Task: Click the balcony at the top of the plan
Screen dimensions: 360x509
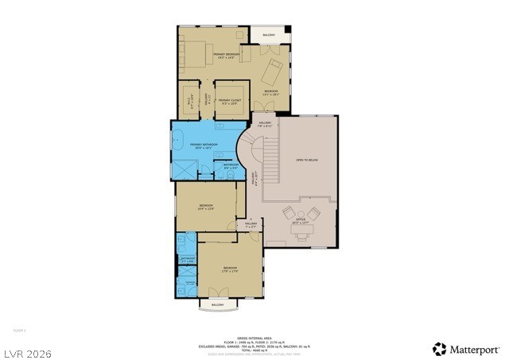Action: click(269, 35)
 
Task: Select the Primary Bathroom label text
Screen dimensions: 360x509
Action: click(204, 145)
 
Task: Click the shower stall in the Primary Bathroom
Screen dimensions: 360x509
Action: click(185, 168)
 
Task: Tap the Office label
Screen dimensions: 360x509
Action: click(301, 223)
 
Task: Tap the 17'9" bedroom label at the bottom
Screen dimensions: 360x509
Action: click(230, 269)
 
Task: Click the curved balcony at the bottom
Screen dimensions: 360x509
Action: click(218, 304)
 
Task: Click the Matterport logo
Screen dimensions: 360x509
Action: click(467, 349)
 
